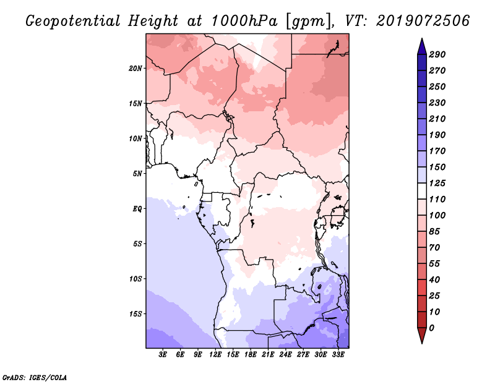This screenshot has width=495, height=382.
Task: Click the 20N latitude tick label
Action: (x=136, y=68)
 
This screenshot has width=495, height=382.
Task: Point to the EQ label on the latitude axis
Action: (x=137, y=209)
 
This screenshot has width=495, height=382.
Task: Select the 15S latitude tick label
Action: (x=136, y=314)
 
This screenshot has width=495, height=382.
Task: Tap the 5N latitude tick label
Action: (x=137, y=174)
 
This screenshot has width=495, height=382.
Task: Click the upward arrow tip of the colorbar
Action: (x=421, y=40)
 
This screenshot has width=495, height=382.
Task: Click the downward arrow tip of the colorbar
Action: (x=421, y=342)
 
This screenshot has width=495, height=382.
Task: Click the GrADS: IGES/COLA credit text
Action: (x=35, y=376)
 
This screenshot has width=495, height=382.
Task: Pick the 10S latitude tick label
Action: (x=136, y=279)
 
